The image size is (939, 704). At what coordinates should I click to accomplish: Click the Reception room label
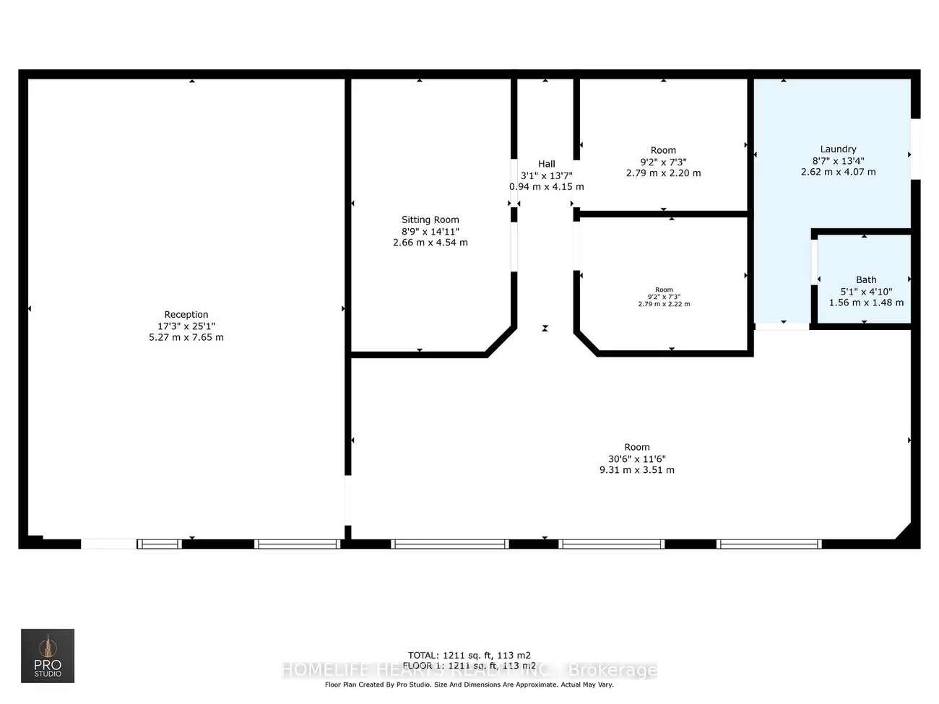pos(186,315)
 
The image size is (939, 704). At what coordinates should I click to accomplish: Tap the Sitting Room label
pos(430,220)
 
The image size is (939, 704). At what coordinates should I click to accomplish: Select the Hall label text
pos(547,164)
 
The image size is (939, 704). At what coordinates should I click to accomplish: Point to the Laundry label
pos(838,149)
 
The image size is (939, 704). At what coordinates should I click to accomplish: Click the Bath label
pos(866,280)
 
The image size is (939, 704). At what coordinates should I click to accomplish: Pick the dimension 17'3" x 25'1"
pos(186,326)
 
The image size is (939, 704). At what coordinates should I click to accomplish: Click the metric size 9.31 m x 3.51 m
pos(637,470)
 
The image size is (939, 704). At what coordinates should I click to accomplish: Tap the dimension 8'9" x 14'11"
pos(430,232)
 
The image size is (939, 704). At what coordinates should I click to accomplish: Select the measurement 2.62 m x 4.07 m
pos(838,173)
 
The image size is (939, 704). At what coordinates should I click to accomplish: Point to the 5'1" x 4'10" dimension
pos(866,292)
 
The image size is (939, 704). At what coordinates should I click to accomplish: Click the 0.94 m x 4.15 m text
pos(547,187)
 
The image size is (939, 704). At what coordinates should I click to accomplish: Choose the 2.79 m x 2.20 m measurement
pos(663,173)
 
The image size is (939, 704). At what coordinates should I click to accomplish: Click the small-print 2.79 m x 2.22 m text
pos(664,305)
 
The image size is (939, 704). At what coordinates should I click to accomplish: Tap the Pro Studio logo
pos(48,656)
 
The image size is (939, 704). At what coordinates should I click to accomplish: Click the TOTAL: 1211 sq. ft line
pos(469,656)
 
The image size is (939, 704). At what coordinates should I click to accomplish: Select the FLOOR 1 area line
pos(469,666)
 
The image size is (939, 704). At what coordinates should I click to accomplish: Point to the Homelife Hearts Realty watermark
pos(469,670)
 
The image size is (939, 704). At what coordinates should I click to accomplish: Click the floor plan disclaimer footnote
pos(469,685)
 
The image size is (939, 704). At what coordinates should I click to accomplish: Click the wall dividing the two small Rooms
pos(663,214)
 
